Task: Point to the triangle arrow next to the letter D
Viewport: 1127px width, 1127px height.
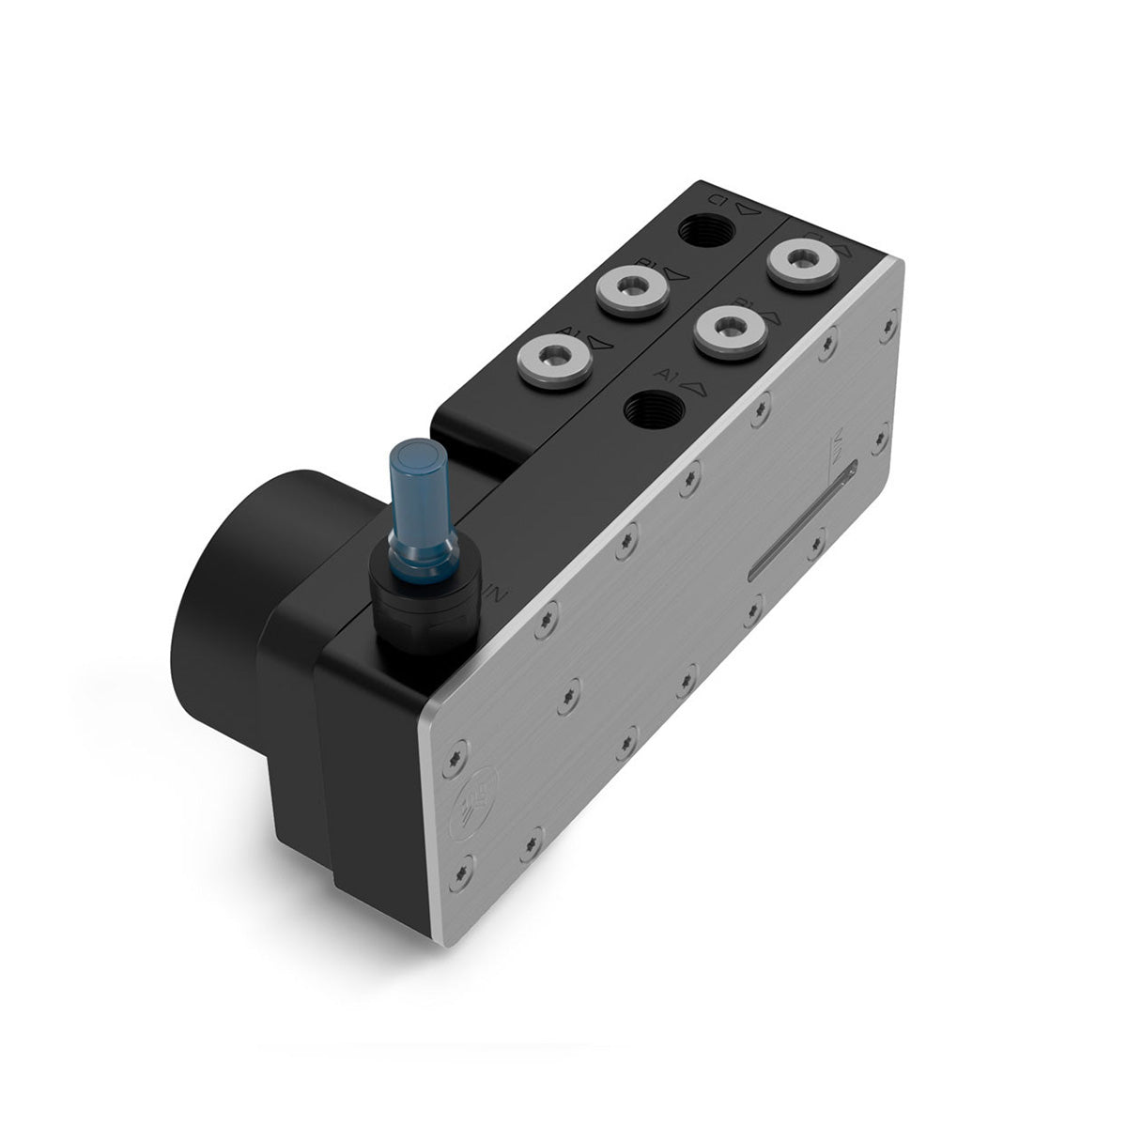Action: click(x=747, y=210)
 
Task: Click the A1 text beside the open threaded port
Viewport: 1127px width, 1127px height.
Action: click(x=669, y=376)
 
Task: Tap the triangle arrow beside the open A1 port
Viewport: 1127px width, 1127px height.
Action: click(x=695, y=383)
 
